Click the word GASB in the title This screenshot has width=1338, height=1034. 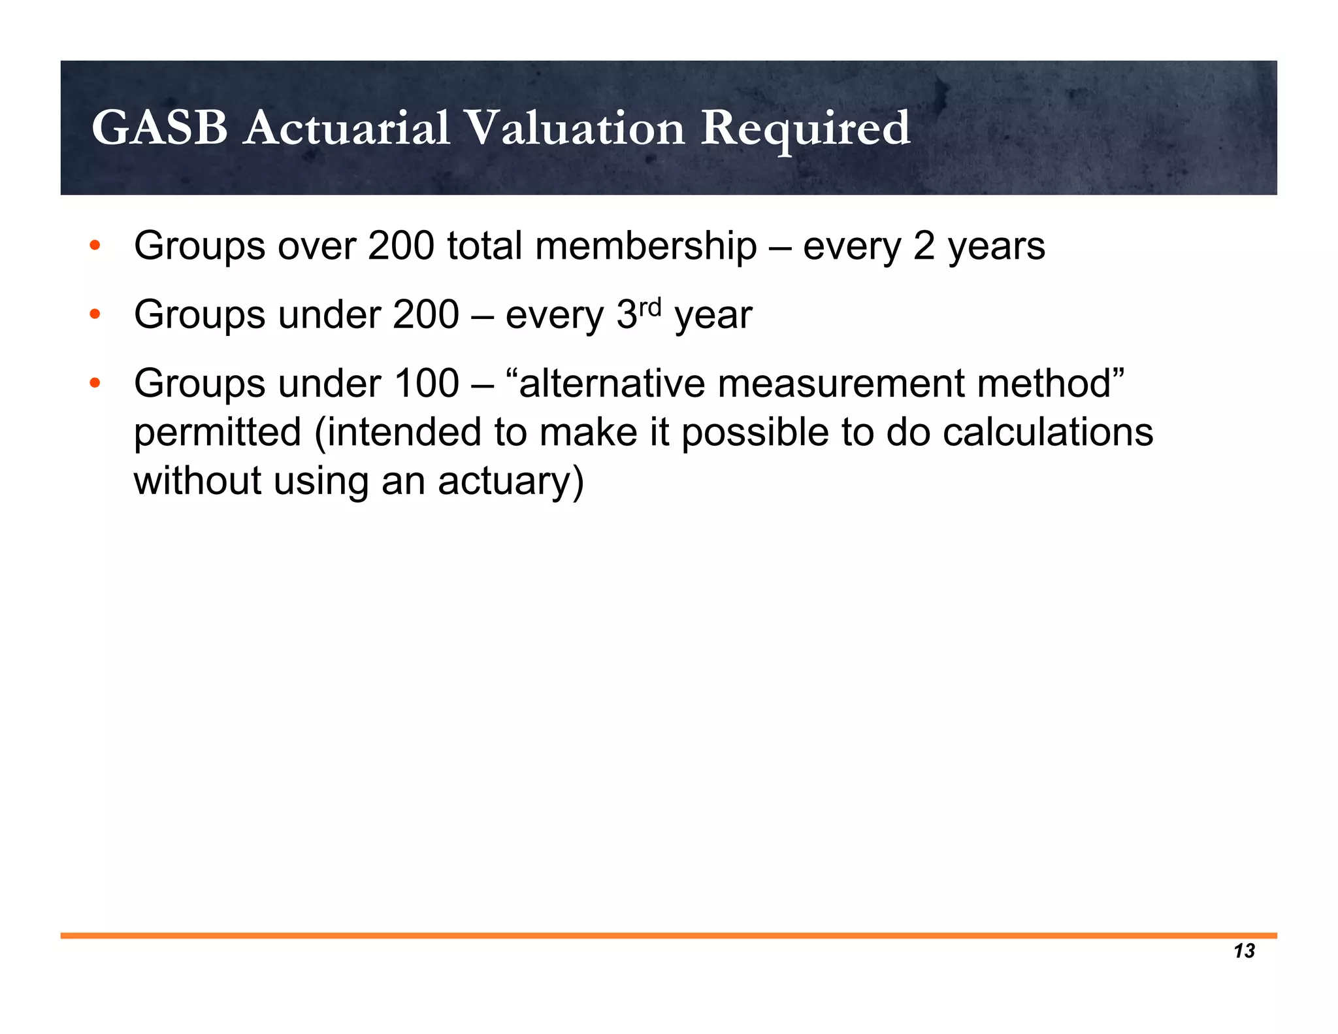coord(159,128)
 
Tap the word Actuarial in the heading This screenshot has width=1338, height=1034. coord(347,128)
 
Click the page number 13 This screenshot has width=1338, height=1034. coord(1244,951)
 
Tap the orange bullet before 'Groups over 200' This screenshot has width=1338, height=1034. coord(95,246)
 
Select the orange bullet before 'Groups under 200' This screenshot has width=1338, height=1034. coord(95,315)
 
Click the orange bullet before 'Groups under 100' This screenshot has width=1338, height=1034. coord(95,383)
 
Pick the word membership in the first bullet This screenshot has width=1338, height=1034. coord(645,246)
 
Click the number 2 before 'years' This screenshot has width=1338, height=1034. coord(924,246)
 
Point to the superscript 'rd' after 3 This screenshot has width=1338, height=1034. coord(651,306)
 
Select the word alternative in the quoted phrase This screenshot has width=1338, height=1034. coord(612,383)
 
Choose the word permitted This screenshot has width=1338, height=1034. coord(217,432)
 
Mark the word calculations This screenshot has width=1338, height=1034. coord(1048,432)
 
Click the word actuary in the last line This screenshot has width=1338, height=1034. coord(510,481)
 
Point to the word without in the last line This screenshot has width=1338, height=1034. coord(197,481)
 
